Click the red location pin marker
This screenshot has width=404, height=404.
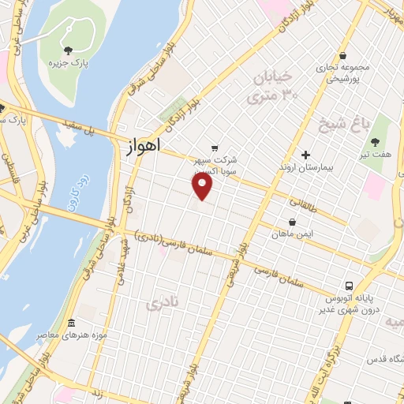(x=203, y=186)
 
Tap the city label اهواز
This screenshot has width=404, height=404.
(x=142, y=146)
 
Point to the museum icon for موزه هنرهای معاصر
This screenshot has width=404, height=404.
(x=72, y=324)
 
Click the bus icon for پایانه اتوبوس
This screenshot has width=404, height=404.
(x=348, y=286)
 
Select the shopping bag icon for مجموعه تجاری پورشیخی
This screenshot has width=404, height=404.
(x=343, y=55)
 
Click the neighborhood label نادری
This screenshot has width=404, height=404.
(x=162, y=301)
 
